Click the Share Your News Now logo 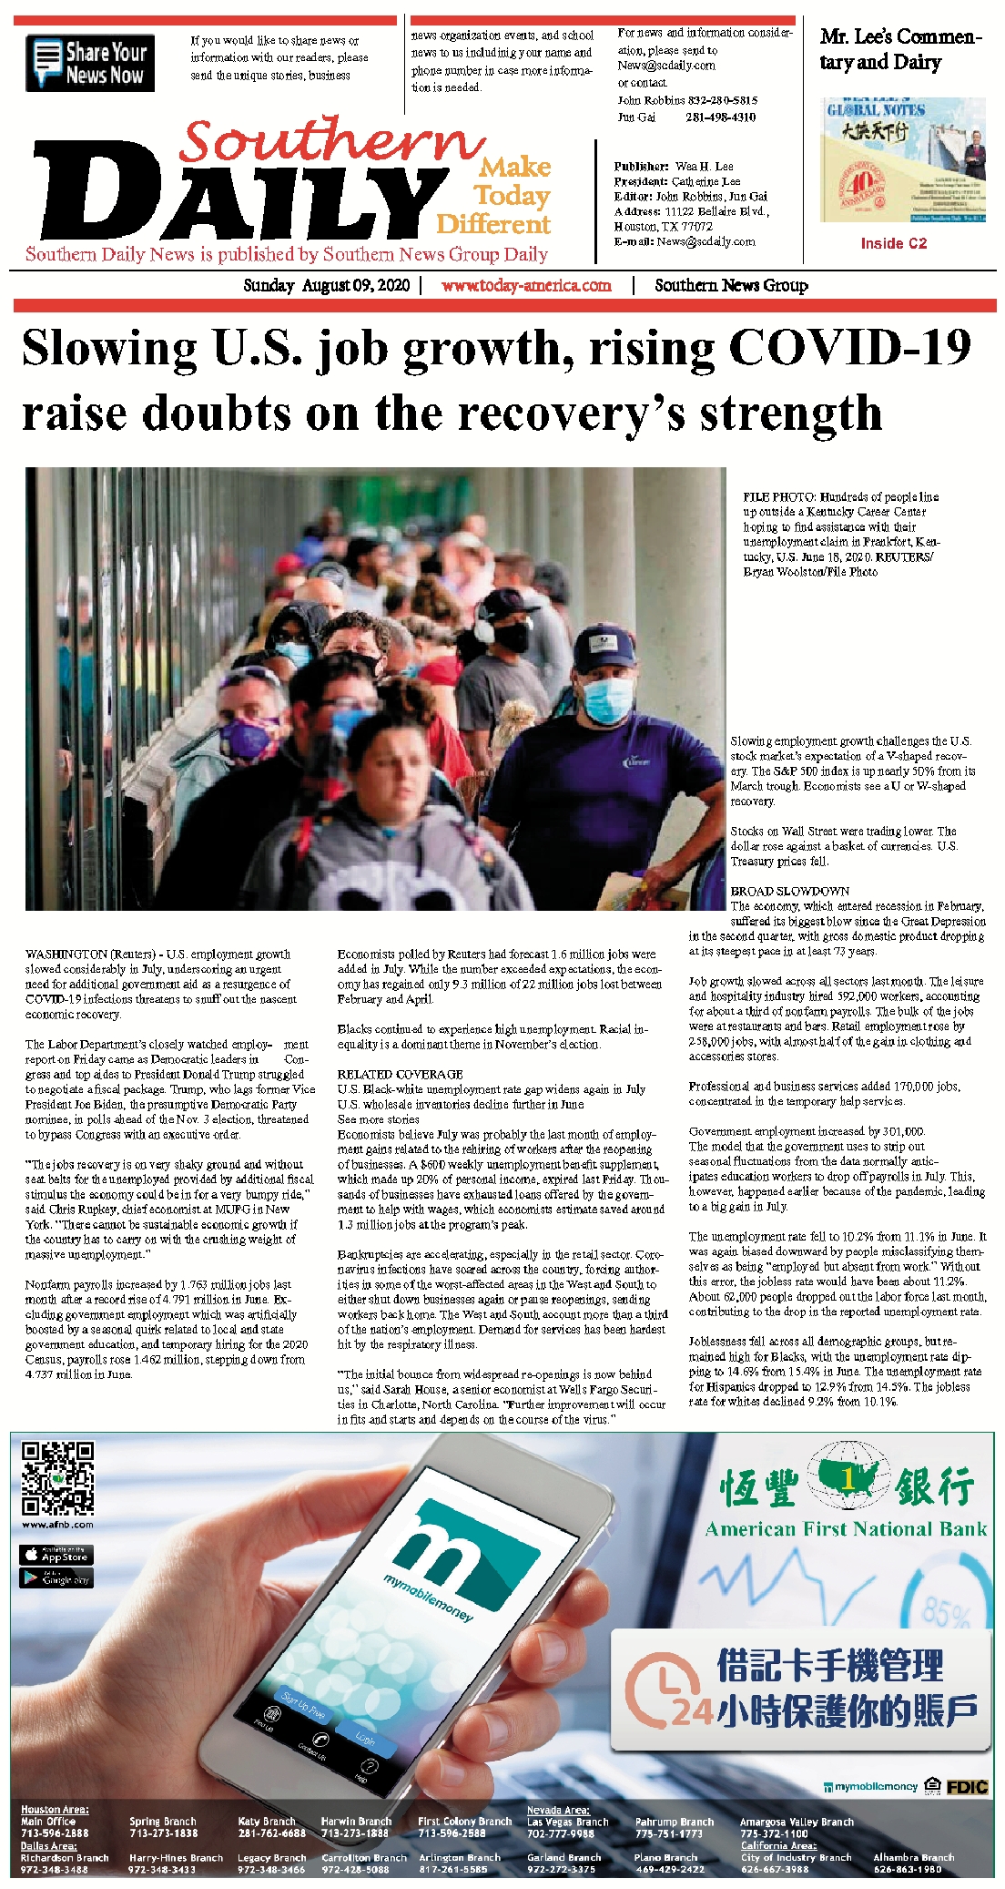click(89, 63)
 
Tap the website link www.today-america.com click(526, 285)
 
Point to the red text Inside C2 click(893, 243)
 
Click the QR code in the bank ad click(57, 1477)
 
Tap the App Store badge click(56, 1555)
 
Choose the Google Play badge click(56, 1578)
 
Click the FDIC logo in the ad click(966, 1786)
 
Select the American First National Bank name click(846, 1528)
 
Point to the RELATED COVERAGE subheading click(400, 1074)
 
